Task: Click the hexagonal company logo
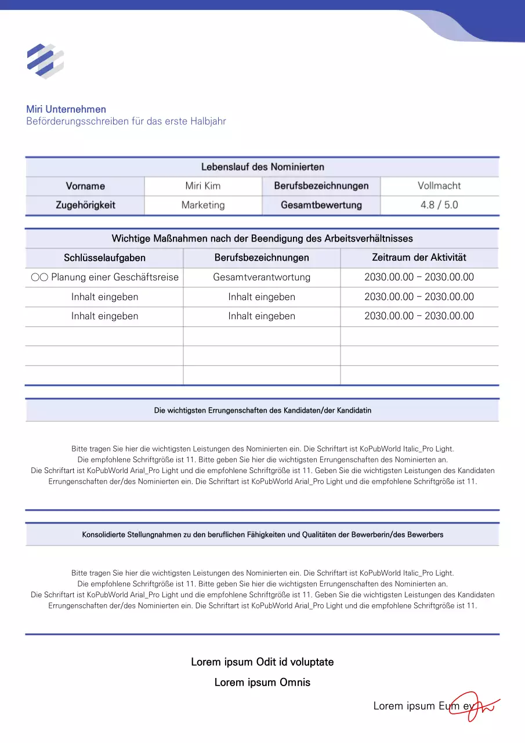(x=45, y=61)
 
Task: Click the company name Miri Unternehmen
(x=66, y=109)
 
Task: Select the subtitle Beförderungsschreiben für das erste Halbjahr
(x=126, y=121)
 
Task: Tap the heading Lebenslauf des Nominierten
(x=262, y=167)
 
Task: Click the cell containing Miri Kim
(x=202, y=186)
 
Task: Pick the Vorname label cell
(x=85, y=186)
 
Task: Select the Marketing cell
(x=202, y=205)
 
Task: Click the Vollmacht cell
(x=439, y=186)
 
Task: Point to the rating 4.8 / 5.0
(x=439, y=205)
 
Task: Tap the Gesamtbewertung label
(x=321, y=205)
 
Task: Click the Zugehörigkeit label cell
(x=85, y=205)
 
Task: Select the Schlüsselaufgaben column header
(x=104, y=257)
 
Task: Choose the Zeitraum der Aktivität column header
(x=419, y=257)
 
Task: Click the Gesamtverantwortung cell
(x=262, y=277)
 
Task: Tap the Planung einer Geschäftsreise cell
(x=104, y=277)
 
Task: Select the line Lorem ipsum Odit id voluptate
(x=262, y=662)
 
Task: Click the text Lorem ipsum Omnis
(x=262, y=682)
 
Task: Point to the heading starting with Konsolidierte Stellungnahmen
(x=262, y=534)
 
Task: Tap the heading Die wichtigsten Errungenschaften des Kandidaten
(x=262, y=410)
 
